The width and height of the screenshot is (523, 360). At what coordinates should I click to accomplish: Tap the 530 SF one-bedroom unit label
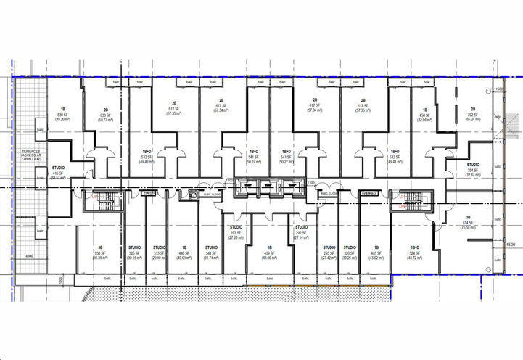[x=62, y=114]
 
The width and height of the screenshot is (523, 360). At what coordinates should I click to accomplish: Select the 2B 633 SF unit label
[x=105, y=115]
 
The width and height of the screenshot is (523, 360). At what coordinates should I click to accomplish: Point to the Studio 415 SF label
[x=58, y=173]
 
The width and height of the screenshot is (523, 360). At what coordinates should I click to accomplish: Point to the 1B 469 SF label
[x=268, y=254]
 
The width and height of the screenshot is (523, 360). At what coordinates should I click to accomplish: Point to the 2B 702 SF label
[x=472, y=114]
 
